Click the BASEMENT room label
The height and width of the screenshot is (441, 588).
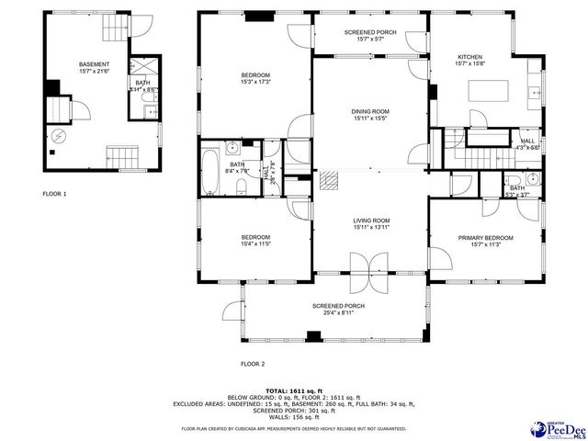(x=94, y=64)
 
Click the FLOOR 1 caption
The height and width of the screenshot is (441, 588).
(x=55, y=194)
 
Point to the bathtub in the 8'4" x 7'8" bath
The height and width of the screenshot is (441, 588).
(x=210, y=170)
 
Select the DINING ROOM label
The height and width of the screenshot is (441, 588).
(x=370, y=112)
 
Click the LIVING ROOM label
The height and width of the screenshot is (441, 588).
(x=370, y=220)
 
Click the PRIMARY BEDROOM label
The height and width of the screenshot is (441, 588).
(x=486, y=238)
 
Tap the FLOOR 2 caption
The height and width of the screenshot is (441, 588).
(x=252, y=364)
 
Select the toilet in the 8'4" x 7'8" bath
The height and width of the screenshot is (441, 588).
(x=240, y=187)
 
